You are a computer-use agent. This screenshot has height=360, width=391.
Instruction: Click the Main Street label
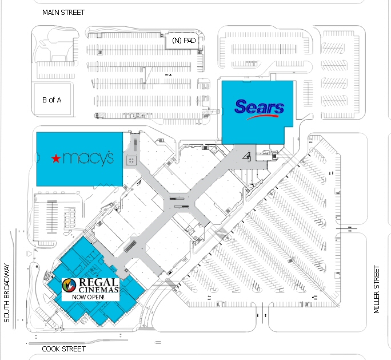63,13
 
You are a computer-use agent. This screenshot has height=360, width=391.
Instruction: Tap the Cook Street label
64,349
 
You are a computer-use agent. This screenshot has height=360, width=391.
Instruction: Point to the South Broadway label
7,292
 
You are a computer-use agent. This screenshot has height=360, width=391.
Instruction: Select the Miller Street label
376,289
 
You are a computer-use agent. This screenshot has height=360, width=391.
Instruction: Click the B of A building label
52,100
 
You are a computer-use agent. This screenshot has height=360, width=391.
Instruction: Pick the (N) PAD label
183,40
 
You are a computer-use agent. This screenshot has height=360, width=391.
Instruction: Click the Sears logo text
260,106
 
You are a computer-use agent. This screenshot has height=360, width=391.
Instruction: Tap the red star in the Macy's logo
56,159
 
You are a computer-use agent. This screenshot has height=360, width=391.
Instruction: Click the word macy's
88,159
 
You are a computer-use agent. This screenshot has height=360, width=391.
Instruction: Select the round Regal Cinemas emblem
69,286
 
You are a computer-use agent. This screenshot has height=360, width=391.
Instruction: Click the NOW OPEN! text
88,297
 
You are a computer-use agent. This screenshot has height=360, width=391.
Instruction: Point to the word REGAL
98,282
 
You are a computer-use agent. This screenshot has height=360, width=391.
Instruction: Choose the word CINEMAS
98,290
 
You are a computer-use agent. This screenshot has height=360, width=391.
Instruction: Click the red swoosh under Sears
262,117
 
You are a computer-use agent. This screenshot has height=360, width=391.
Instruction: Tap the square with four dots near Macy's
131,160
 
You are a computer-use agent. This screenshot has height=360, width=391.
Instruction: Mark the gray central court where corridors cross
179,203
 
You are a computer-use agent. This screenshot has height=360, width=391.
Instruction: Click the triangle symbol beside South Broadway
29,254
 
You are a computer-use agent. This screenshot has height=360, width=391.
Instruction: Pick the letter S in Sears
241,106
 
